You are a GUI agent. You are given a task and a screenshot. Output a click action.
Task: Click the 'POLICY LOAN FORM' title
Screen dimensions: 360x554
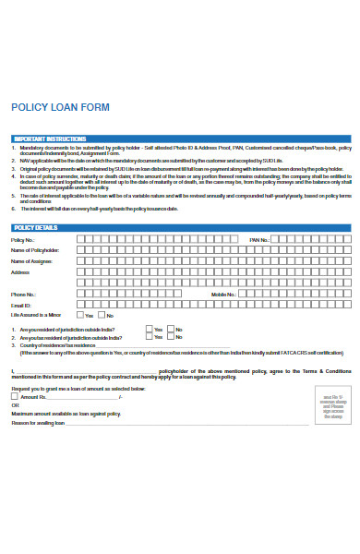pos(59,107)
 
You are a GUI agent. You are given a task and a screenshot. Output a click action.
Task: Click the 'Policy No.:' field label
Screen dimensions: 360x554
pos(23,240)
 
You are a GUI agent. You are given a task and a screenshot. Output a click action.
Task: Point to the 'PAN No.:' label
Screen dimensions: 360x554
pos(258,240)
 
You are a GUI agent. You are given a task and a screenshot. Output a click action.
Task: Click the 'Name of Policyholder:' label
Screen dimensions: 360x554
pos(35,250)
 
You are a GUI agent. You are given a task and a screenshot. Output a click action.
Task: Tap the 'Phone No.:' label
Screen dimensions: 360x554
pos(24,294)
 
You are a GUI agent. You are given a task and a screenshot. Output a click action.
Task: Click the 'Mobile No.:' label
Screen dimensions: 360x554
pos(224,294)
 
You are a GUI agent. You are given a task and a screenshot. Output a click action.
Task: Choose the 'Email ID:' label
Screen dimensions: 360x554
pos(21,305)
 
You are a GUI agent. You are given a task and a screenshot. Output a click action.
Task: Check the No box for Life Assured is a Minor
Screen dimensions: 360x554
pos(104,315)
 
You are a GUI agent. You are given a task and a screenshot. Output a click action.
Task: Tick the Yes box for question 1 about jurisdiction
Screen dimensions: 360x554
pos(149,329)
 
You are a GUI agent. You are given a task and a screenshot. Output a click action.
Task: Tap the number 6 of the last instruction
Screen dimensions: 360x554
pos(13,209)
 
